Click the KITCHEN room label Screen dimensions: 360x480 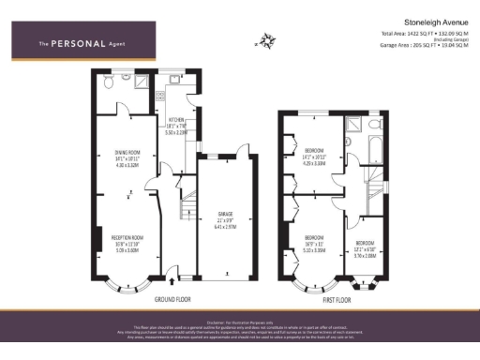pyautogui.click(x=176, y=121)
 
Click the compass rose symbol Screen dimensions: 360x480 pyautogui.click(x=267, y=40)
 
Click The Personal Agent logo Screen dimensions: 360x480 pyautogui.click(x=82, y=43)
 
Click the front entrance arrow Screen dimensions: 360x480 pyautogui.click(x=175, y=278)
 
